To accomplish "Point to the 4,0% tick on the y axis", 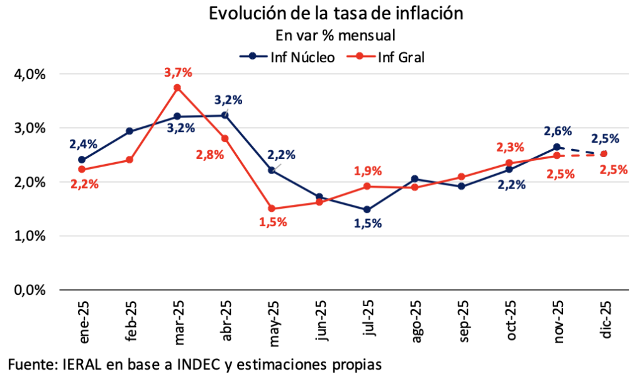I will coord(30,74).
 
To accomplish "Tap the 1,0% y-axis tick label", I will coord(30,236).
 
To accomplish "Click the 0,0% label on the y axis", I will coord(30,290).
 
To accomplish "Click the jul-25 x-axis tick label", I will coord(368,321).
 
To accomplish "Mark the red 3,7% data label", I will coord(178,73).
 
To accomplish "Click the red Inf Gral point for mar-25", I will coord(177,88).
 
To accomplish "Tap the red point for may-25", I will coord(272,209).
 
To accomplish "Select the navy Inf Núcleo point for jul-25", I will coord(367,210).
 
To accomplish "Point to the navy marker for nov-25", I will coord(557,147).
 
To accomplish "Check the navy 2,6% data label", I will coord(558,131).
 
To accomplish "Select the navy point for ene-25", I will coord(82,160).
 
